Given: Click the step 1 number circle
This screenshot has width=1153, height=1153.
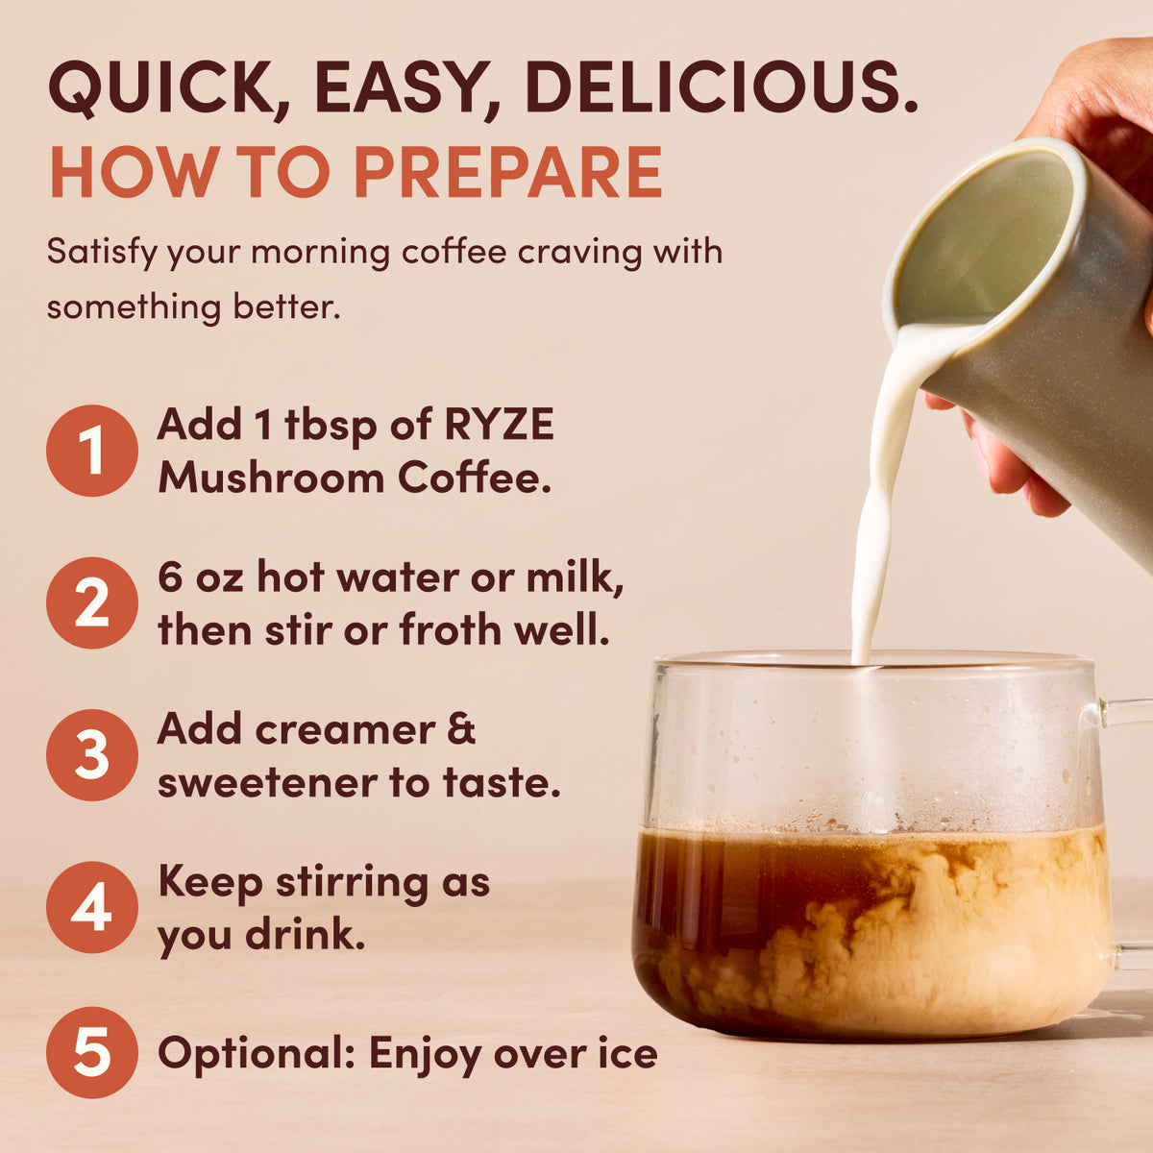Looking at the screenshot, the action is point(92,451).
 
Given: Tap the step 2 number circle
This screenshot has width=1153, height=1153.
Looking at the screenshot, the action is point(92,603).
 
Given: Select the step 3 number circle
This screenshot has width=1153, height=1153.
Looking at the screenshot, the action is point(92,755).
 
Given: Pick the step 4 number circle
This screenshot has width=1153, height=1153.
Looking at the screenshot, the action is point(92,907).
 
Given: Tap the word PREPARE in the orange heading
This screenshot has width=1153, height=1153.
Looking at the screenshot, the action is point(508,172).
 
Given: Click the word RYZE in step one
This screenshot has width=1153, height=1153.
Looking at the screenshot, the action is point(499,425).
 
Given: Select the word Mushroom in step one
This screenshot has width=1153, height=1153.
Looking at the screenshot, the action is point(271,478).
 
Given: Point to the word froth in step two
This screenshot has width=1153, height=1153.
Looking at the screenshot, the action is point(450,630).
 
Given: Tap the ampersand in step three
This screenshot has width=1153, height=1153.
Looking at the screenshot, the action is point(461,728).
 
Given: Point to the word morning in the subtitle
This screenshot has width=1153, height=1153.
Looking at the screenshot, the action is point(320,252).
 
